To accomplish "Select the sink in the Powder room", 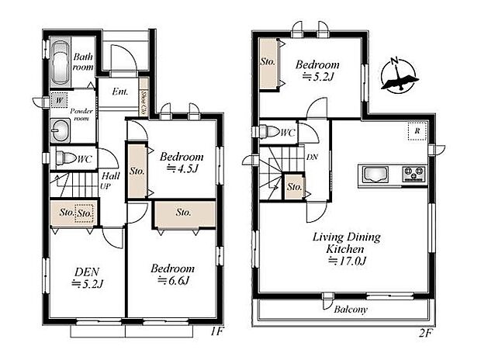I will click(x=61, y=128).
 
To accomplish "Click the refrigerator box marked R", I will click(x=417, y=132).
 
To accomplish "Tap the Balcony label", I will click(x=351, y=309).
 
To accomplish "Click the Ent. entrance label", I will click(x=120, y=92).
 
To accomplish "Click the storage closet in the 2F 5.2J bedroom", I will click(x=268, y=62).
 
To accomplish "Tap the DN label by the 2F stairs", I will click(x=312, y=157).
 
